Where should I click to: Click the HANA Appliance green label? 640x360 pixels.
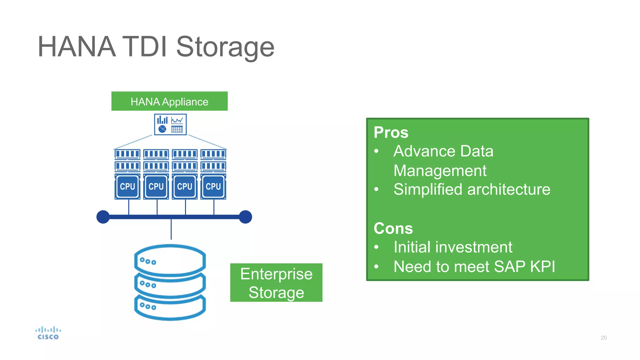tap(169, 101)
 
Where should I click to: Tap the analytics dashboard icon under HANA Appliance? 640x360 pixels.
tap(170, 124)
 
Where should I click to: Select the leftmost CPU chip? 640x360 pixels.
tap(127, 187)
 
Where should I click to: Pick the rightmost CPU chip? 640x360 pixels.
tap(213, 187)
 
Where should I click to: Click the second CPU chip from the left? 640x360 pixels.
tap(156, 187)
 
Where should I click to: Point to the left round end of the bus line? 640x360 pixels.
tap(103, 217)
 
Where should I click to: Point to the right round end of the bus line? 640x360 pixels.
tap(245, 217)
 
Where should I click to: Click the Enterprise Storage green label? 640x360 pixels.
tap(276, 283)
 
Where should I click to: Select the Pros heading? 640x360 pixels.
tap(391, 132)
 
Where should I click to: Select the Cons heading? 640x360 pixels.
tap(393, 228)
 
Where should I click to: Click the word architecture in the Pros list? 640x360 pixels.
tap(508, 189)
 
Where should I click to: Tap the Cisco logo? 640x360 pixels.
tap(48, 333)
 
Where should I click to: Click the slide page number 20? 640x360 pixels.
tap(603, 337)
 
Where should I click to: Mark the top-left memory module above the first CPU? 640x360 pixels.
tap(127, 154)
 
